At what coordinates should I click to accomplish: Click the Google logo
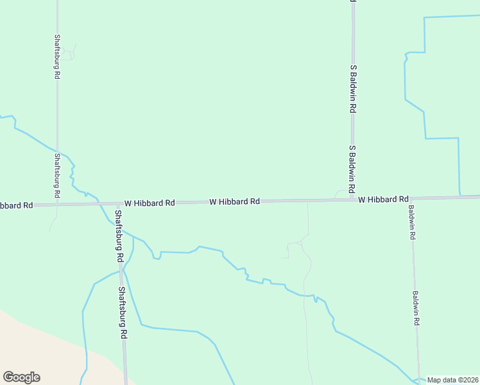point(21,377)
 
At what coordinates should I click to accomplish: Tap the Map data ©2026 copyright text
point(453,380)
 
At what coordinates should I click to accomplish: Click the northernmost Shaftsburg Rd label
point(57,56)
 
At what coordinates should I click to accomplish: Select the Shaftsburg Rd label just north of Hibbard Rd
point(56,175)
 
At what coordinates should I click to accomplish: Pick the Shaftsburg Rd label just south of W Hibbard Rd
point(118,235)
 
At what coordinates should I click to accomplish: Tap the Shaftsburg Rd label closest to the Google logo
point(122,312)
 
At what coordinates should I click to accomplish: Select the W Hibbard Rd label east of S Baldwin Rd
point(383,200)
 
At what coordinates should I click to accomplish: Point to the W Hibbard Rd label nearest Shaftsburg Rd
point(150,203)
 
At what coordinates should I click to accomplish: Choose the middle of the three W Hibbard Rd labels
point(234,201)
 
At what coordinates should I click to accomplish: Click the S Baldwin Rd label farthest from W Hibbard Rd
point(353,89)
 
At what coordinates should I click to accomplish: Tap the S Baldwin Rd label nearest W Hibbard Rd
point(352,169)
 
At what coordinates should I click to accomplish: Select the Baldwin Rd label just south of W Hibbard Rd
point(412,222)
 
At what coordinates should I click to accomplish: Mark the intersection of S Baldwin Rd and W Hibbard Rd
point(353,200)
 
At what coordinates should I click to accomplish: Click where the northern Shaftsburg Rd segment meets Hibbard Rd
point(56,205)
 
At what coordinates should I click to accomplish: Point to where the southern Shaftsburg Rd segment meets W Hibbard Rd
point(116,203)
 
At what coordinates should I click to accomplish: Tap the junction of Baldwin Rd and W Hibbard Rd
point(411,198)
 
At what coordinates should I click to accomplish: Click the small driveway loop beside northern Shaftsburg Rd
point(69,53)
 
